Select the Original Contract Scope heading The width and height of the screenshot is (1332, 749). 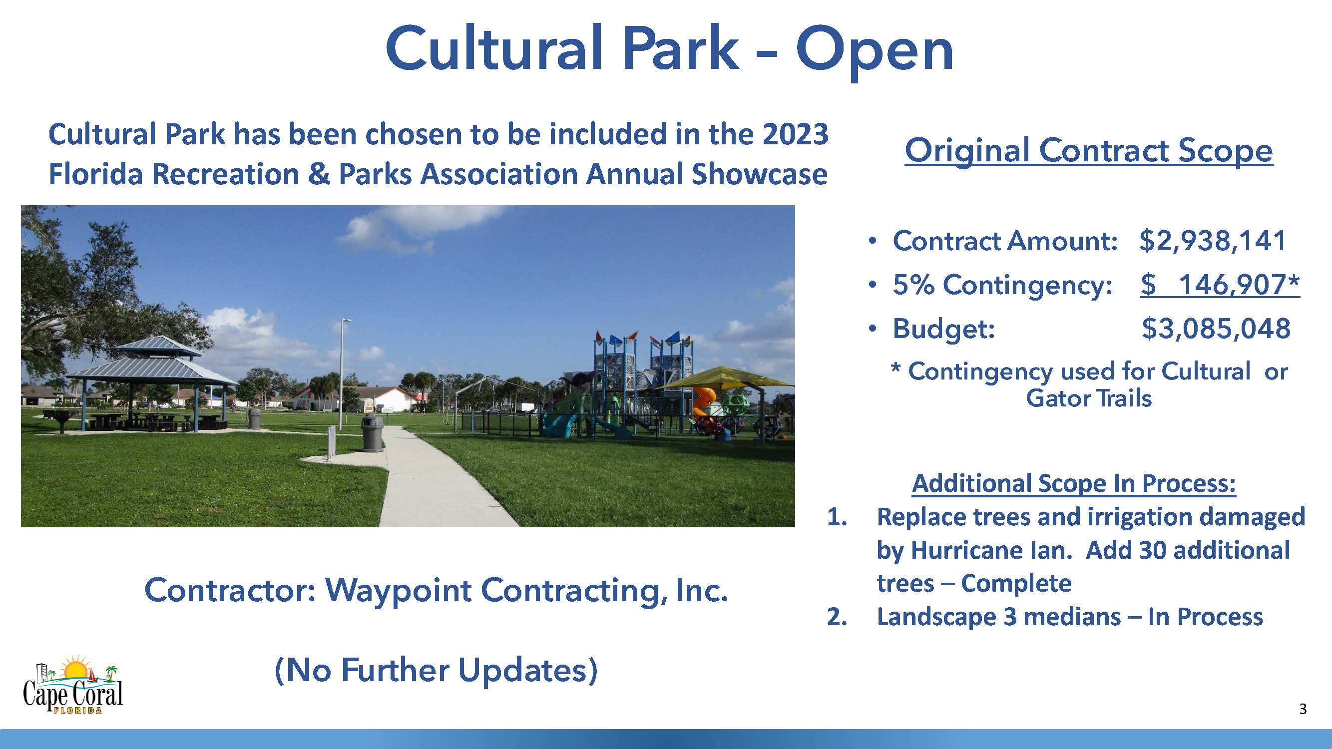point(1088,151)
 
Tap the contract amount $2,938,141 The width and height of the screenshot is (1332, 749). point(1212,241)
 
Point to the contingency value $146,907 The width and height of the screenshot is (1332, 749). point(1220,285)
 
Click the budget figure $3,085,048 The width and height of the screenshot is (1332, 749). point(1216,329)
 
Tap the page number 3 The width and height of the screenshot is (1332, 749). point(1303,709)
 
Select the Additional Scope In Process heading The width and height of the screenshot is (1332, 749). point(1074,484)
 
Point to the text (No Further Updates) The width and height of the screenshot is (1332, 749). point(436,671)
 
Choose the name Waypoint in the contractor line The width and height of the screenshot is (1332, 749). point(398,591)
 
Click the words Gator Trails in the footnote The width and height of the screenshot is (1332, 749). point(1088,398)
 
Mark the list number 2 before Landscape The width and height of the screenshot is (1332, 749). point(836,617)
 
